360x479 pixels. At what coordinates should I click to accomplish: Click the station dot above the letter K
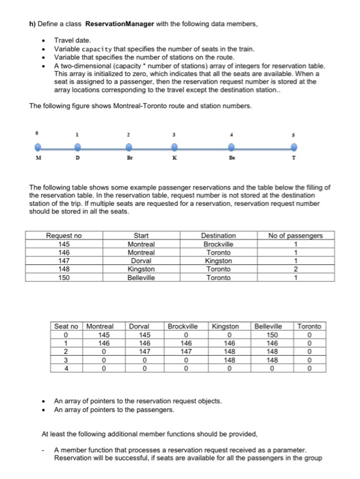point(175,147)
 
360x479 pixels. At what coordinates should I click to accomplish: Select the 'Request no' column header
point(63,235)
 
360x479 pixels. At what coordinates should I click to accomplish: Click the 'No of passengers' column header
point(295,235)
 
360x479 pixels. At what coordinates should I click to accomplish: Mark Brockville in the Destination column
point(218,244)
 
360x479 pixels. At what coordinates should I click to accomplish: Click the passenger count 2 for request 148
point(295,270)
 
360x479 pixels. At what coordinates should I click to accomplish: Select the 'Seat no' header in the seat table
point(66,326)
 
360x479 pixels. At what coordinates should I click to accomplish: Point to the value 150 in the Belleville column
point(272,335)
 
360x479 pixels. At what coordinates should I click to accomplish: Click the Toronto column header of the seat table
point(311,326)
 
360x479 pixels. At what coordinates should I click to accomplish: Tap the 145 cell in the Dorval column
point(141,335)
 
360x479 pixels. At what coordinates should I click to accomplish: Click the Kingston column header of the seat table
point(229,326)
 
